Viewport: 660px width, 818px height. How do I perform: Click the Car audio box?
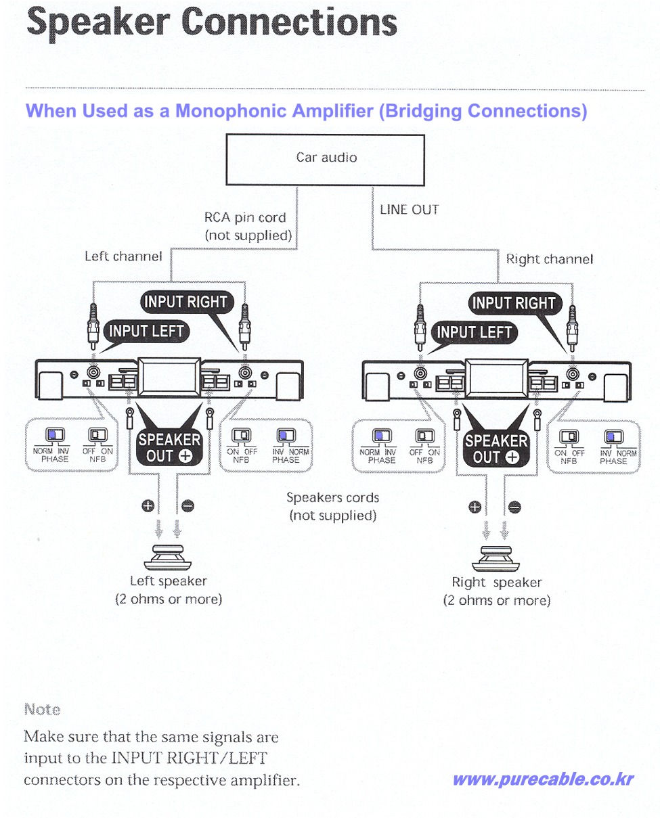(325, 160)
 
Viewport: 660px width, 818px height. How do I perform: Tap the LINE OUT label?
(409, 210)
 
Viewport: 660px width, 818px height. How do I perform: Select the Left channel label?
(123, 256)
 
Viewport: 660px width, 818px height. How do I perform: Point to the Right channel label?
(549, 259)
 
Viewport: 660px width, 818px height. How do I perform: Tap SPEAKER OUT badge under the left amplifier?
(169, 448)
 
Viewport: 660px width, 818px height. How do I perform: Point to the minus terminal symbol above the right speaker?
(515, 506)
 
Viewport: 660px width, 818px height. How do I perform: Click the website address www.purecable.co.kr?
(543, 779)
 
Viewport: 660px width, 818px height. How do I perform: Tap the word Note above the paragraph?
(42, 710)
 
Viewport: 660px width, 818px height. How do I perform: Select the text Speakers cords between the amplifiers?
(332, 497)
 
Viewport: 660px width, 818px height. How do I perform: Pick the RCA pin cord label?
(245, 218)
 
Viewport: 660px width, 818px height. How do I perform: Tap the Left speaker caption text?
(168, 581)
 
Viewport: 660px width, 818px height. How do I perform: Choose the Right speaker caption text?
(496, 583)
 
